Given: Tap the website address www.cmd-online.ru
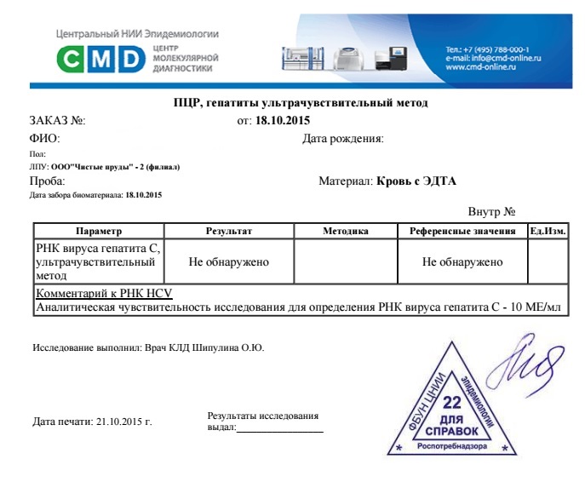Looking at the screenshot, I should (485, 66).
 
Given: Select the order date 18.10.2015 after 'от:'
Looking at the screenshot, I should (277, 121).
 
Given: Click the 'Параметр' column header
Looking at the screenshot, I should (99, 231).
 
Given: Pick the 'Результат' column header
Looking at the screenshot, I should (229, 231).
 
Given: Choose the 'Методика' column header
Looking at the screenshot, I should (346, 231).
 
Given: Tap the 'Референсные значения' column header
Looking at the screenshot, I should (462, 231).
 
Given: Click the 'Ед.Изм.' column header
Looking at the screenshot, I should (548, 231).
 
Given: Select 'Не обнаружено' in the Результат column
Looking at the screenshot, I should (229, 261).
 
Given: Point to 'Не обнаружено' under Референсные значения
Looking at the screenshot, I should (462, 261).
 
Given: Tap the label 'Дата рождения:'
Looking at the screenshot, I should (343, 138).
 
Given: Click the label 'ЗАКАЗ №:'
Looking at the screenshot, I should (57, 121).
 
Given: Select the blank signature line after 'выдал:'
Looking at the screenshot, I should (280, 428).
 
